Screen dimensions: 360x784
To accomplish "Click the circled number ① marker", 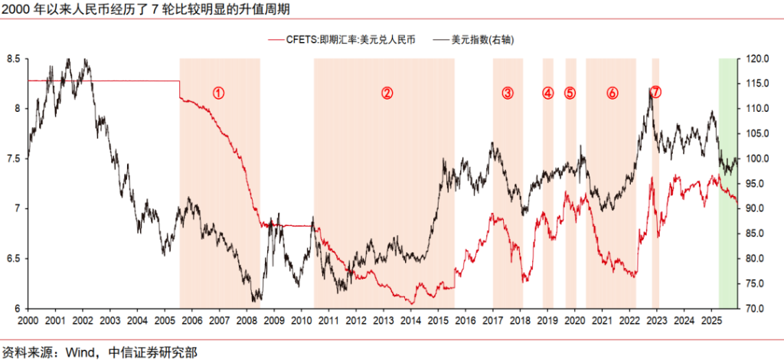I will click(x=218, y=93).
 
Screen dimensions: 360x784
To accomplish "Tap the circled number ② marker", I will click(x=387, y=93).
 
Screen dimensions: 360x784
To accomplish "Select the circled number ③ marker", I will click(x=508, y=93).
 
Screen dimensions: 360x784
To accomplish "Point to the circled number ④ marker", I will click(x=547, y=93).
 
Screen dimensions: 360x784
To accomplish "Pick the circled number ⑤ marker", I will click(x=570, y=93).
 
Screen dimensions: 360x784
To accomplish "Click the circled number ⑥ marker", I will click(x=612, y=93).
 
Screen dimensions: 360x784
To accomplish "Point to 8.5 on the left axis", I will click(x=12, y=59).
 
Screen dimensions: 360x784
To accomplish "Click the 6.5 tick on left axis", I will click(x=12, y=259).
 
